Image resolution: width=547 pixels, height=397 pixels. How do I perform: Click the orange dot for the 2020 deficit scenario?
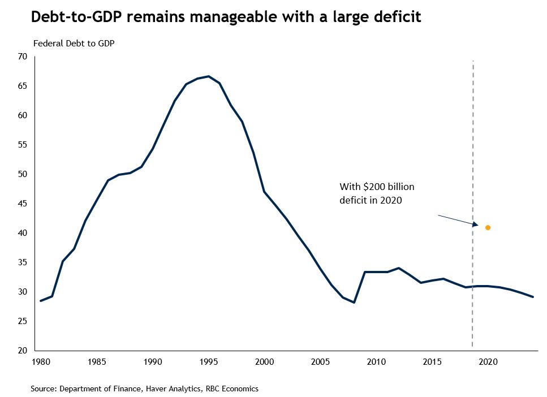(488, 227)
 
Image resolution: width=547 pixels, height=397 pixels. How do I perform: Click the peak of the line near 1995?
(209, 76)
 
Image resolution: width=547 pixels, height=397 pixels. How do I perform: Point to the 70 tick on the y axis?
(23, 57)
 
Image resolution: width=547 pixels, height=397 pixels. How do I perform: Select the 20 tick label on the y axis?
(23, 351)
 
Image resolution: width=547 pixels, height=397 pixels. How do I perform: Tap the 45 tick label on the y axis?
(23, 204)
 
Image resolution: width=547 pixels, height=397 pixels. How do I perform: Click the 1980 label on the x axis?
(40, 361)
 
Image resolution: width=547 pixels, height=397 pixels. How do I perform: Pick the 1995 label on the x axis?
(209, 361)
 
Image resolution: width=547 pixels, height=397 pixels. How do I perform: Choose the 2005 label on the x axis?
(321, 361)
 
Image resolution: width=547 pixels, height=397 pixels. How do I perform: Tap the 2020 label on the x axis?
(488, 361)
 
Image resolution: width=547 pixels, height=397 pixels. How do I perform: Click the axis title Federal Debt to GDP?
(74, 44)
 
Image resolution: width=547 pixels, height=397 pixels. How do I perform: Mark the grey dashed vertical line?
(472, 141)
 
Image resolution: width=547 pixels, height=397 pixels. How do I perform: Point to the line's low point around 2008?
(354, 303)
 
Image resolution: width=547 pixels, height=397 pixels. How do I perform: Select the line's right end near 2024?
(532, 297)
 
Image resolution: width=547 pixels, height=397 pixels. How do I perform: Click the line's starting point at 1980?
(40, 301)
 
